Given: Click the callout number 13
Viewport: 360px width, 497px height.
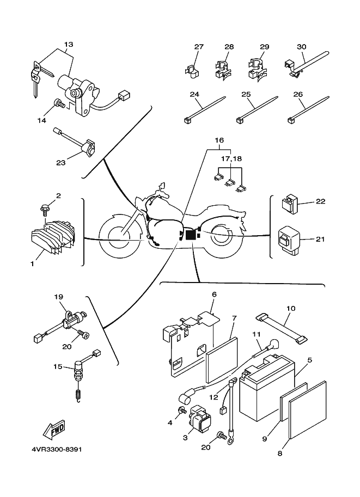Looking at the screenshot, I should point(68,44).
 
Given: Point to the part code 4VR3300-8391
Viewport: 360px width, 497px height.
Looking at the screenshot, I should point(52,450).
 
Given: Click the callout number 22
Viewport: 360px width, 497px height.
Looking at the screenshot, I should point(320,201).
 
